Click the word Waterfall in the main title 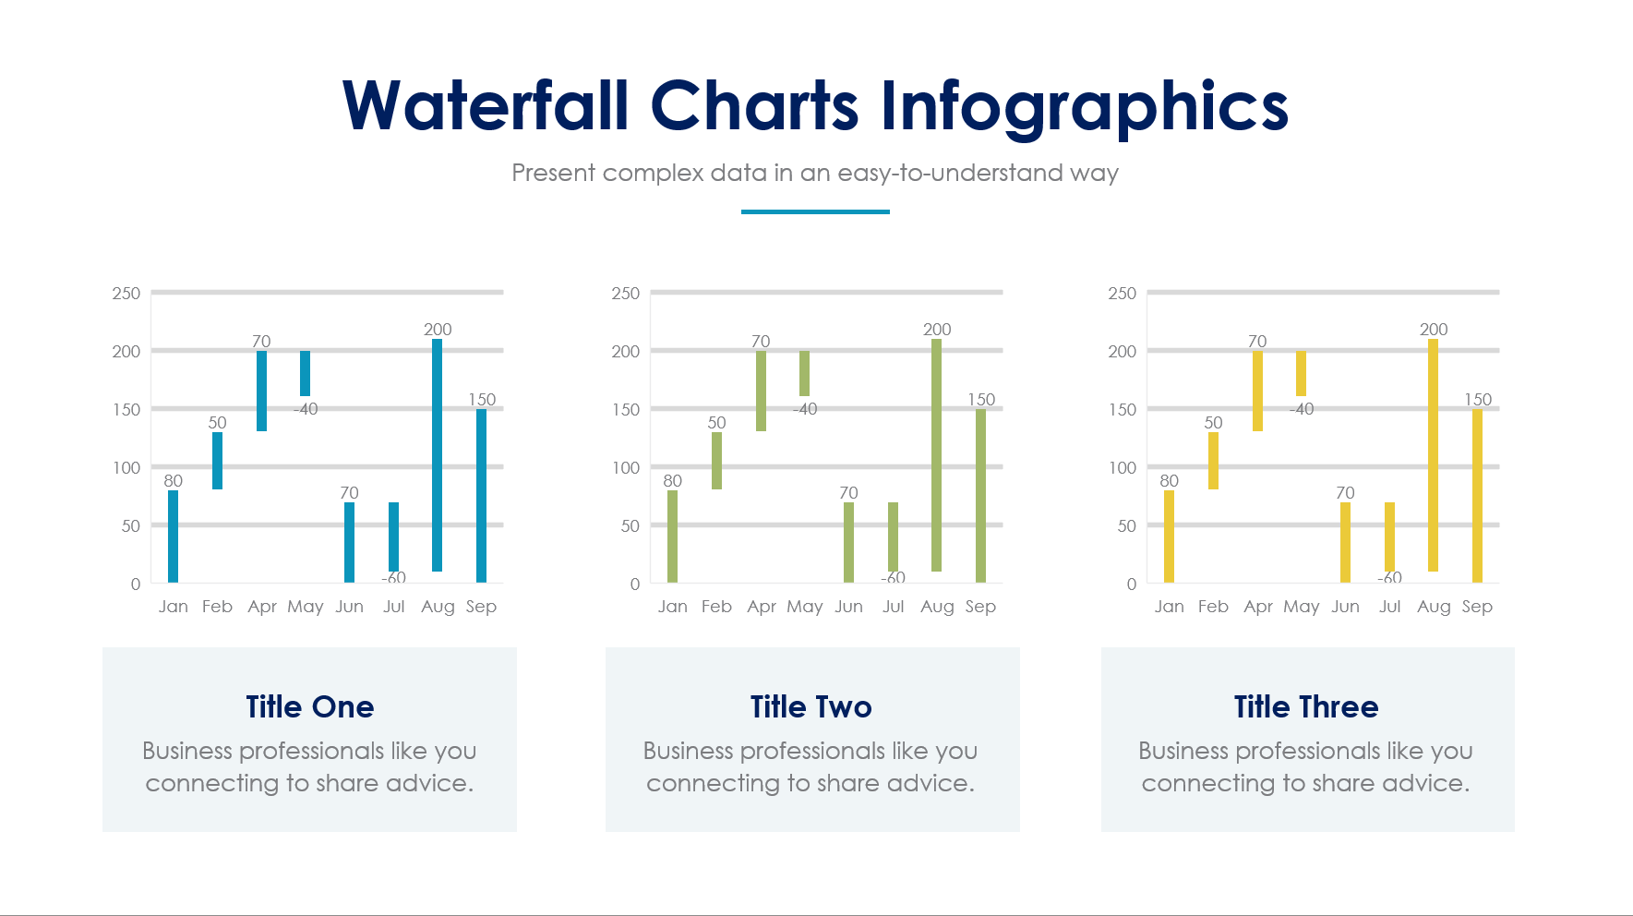point(486,105)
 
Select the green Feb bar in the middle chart point(717,460)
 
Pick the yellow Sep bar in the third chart point(1477,496)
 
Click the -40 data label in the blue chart point(306,409)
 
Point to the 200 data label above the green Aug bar point(937,330)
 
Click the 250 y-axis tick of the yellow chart point(1122,294)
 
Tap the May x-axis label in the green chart point(805,607)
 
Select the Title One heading point(310,706)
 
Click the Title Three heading point(1306,706)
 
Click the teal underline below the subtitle point(815,211)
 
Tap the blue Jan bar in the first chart point(174,536)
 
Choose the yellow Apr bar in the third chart point(1257,391)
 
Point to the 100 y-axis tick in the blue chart point(126,467)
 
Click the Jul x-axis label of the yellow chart point(1389,607)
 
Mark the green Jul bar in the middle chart point(893,536)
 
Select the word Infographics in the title point(1084,105)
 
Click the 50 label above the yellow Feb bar point(1213,423)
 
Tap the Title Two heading point(811,706)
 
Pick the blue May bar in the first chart point(306,373)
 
